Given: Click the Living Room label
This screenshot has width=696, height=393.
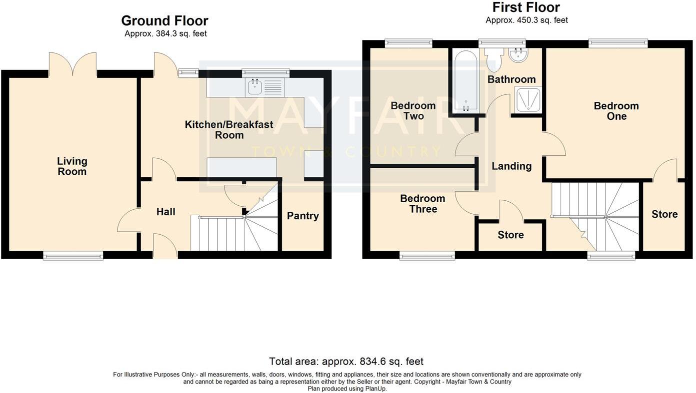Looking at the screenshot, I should click(72, 166).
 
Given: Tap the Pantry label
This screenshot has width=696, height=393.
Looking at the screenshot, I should click(302, 216).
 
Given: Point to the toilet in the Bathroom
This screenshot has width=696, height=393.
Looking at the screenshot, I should click(493, 58).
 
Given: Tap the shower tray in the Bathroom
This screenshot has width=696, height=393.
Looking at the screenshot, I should click(528, 100).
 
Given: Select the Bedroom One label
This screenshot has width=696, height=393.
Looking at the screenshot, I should click(616, 111).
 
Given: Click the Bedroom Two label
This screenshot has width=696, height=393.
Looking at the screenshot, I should click(413, 111).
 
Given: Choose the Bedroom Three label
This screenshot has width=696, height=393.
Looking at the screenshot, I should click(422, 204).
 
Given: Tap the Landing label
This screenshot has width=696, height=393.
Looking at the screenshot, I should click(511, 166).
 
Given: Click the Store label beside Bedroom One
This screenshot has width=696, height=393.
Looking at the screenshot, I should click(664, 214).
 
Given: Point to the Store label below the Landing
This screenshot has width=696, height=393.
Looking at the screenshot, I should click(510, 235).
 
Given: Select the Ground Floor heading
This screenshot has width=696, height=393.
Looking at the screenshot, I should click(164, 21).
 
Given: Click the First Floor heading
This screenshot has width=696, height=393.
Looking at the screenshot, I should click(526, 7).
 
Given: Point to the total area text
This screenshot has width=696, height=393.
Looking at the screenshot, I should click(346, 361).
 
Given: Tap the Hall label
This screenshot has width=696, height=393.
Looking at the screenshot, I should click(165, 212).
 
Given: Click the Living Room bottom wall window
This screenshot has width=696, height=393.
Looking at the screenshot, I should click(73, 256).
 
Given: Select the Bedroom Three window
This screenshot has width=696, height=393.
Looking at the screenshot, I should click(427, 256).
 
